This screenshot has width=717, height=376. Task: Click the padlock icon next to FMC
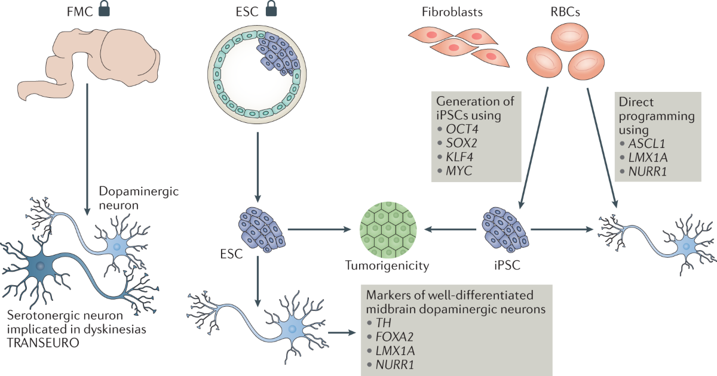click(104, 10)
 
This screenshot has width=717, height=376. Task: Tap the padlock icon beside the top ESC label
click(271, 10)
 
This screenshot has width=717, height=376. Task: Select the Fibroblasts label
click(452, 12)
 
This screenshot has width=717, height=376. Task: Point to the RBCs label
click(565, 12)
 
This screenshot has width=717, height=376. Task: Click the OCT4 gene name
click(462, 129)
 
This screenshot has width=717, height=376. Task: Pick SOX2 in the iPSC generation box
click(461, 143)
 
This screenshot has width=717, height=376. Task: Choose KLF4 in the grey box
click(459, 157)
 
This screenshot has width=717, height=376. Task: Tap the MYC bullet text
click(459, 171)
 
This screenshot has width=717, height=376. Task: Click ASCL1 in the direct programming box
click(647, 144)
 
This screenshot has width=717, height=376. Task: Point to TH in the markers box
click(384, 323)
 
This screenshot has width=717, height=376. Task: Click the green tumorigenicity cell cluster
click(388, 230)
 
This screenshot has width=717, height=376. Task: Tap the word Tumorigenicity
click(387, 266)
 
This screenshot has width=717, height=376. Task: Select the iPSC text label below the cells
click(507, 266)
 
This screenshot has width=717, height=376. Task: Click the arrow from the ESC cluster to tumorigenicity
click(319, 229)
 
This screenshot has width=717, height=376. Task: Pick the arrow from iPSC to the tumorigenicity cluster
click(451, 229)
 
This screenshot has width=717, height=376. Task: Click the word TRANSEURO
click(43, 343)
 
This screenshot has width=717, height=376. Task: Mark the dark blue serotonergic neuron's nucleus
click(41, 266)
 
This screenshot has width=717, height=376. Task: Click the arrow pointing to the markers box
click(342, 333)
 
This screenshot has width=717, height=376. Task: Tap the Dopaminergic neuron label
click(139, 198)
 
